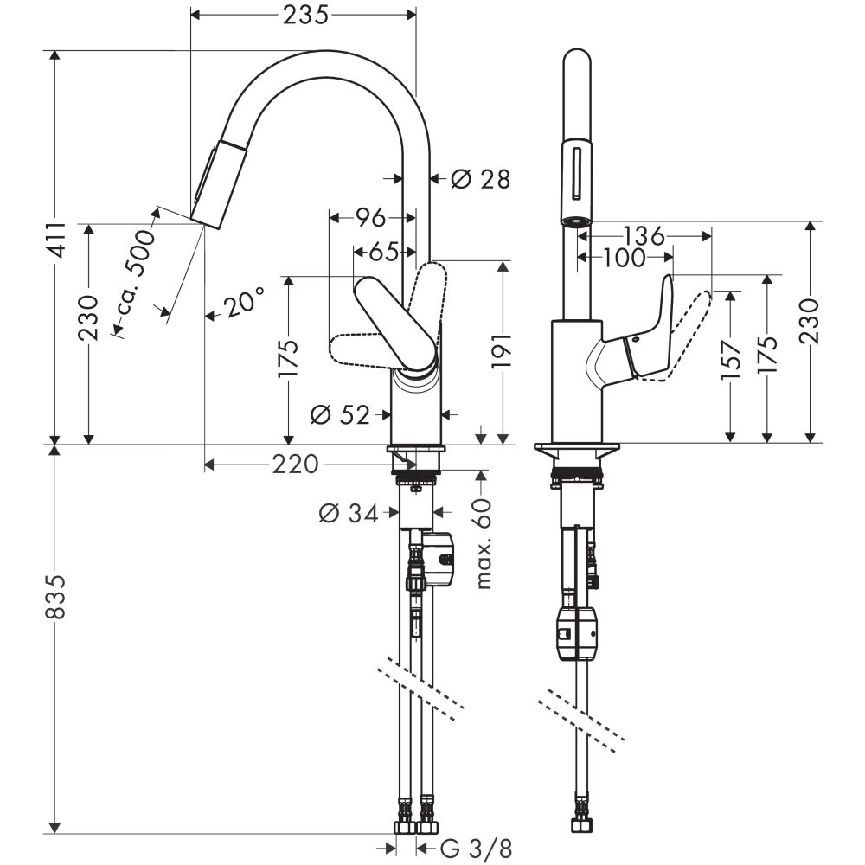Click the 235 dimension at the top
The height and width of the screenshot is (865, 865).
[304, 15]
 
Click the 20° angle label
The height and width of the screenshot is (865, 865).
[242, 305]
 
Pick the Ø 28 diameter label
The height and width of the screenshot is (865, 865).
[481, 179]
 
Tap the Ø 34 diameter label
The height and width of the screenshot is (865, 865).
[349, 514]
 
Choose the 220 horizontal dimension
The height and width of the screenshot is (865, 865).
[295, 465]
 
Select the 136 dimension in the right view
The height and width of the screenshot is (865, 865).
[643, 234]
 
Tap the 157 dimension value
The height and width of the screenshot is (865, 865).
[731, 361]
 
